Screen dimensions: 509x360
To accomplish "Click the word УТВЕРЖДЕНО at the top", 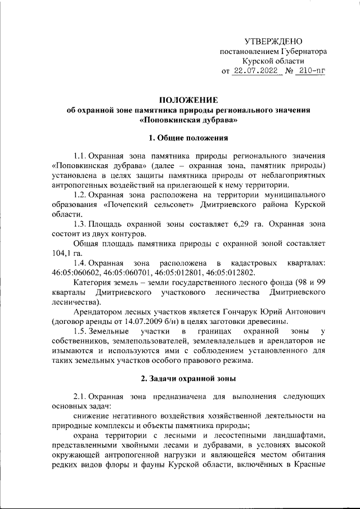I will [274, 41].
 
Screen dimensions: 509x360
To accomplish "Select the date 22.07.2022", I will [257, 71].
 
